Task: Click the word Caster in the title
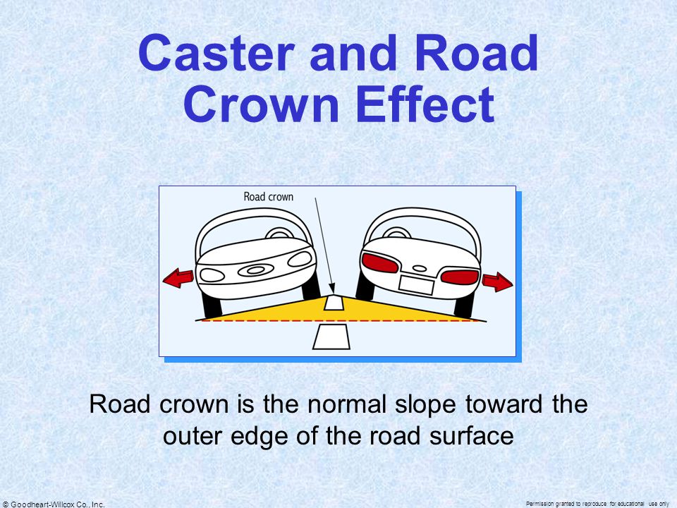tap(216, 53)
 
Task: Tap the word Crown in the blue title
tap(260, 104)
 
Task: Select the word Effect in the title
tap(425, 104)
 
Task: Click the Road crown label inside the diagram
tap(268, 197)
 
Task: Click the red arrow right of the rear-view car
tap(497, 282)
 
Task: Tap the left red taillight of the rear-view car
tap(379, 262)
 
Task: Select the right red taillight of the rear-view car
tap(460, 277)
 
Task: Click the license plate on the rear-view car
tap(416, 285)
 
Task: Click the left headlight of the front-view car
tap(212, 275)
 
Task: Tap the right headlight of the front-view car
tap(300, 259)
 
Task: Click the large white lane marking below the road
tap(331, 337)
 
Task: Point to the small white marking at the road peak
tap(334, 302)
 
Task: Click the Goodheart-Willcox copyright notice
tap(54, 504)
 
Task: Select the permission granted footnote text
tap(597, 504)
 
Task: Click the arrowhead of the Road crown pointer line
tap(331, 289)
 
